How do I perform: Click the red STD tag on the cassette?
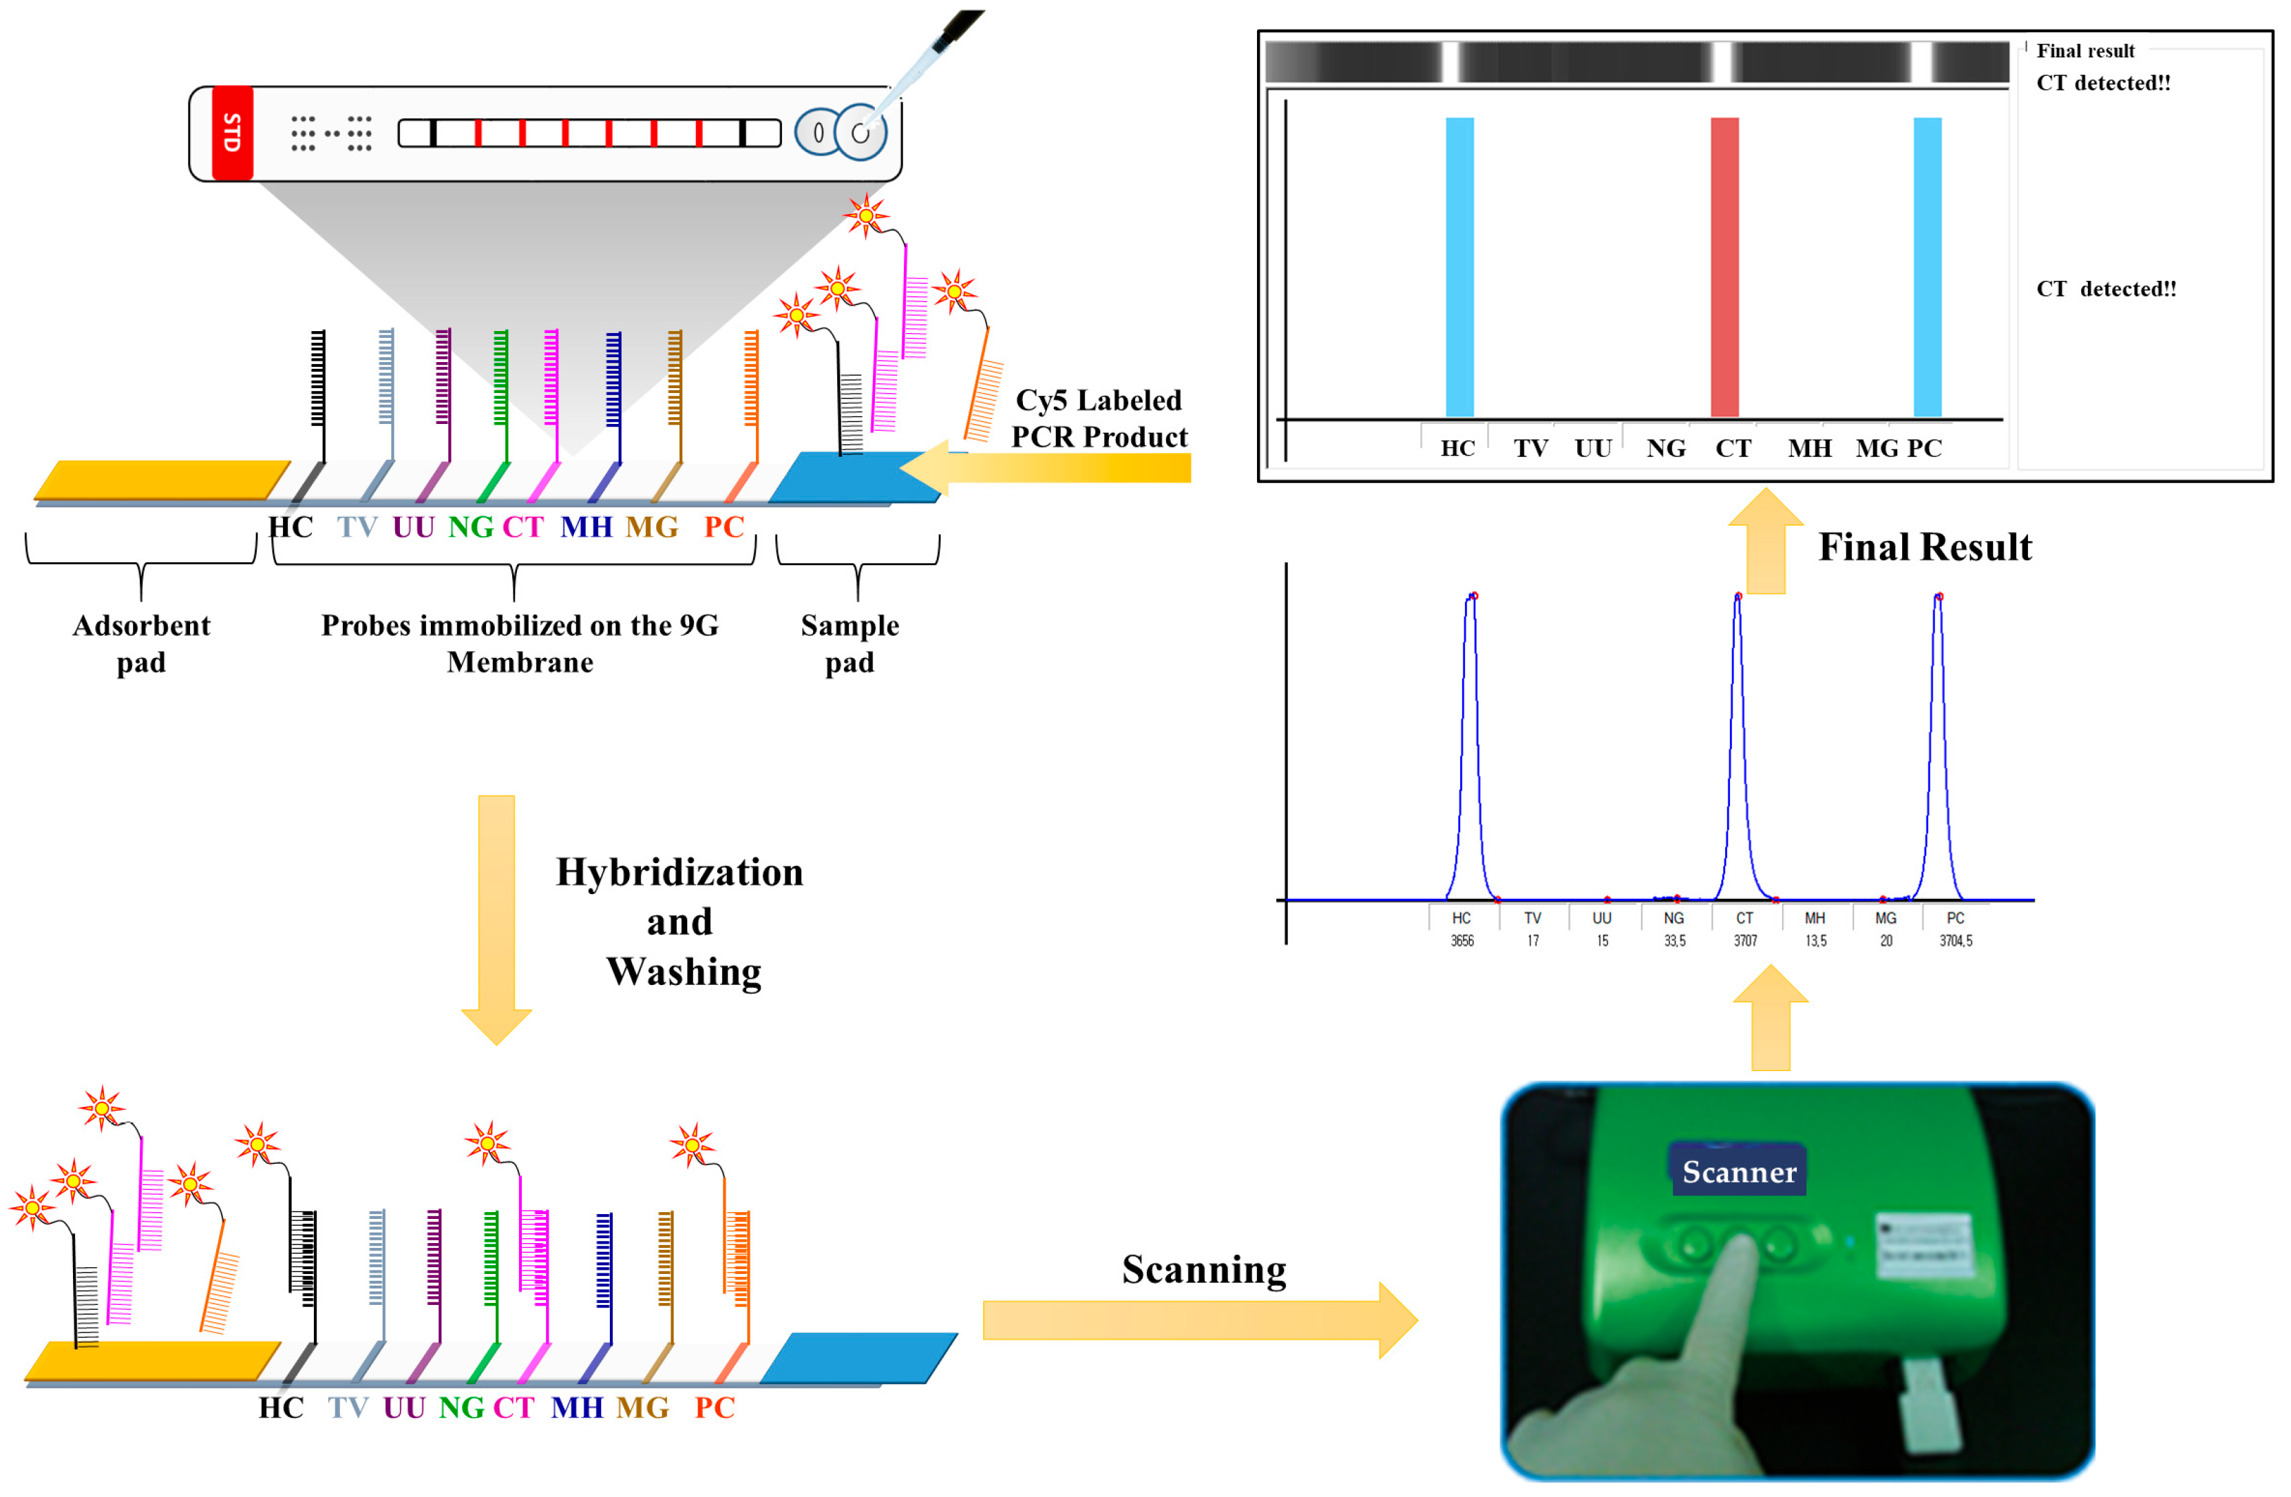coord(232,133)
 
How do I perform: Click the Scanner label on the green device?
coord(1738,1171)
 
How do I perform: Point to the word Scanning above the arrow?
coord(1203,1269)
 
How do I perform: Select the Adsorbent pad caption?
coord(142,643)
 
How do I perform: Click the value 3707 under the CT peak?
coord(1745,941)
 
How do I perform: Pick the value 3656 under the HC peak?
coord(1461,941)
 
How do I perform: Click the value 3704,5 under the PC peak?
coord(1955,941)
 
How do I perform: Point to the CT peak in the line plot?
coord(1738,602)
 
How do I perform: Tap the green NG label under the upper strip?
coord(471,527)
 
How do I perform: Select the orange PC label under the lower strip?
coord(715,1408)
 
